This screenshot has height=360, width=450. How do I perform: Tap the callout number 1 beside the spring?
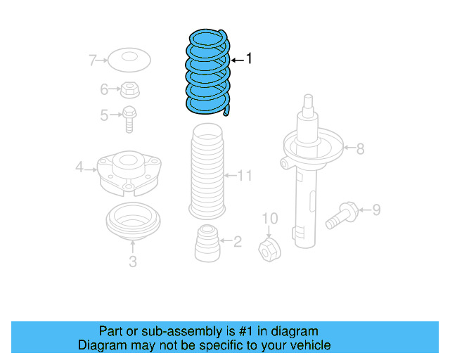247,60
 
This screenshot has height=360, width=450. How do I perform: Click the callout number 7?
92,60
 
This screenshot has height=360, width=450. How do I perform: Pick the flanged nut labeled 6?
130,89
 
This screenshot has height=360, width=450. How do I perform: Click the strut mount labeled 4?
129,172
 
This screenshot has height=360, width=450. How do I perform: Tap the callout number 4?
79,167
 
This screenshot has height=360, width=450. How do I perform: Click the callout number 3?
132,262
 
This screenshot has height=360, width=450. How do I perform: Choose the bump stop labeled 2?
207,240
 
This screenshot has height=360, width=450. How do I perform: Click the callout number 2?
237,242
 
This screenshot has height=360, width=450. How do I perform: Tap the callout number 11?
243,175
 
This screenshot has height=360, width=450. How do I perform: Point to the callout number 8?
360,148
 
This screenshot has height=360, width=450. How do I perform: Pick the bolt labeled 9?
343,214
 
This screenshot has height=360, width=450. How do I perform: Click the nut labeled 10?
269,247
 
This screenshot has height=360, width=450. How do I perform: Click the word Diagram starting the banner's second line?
101,345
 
